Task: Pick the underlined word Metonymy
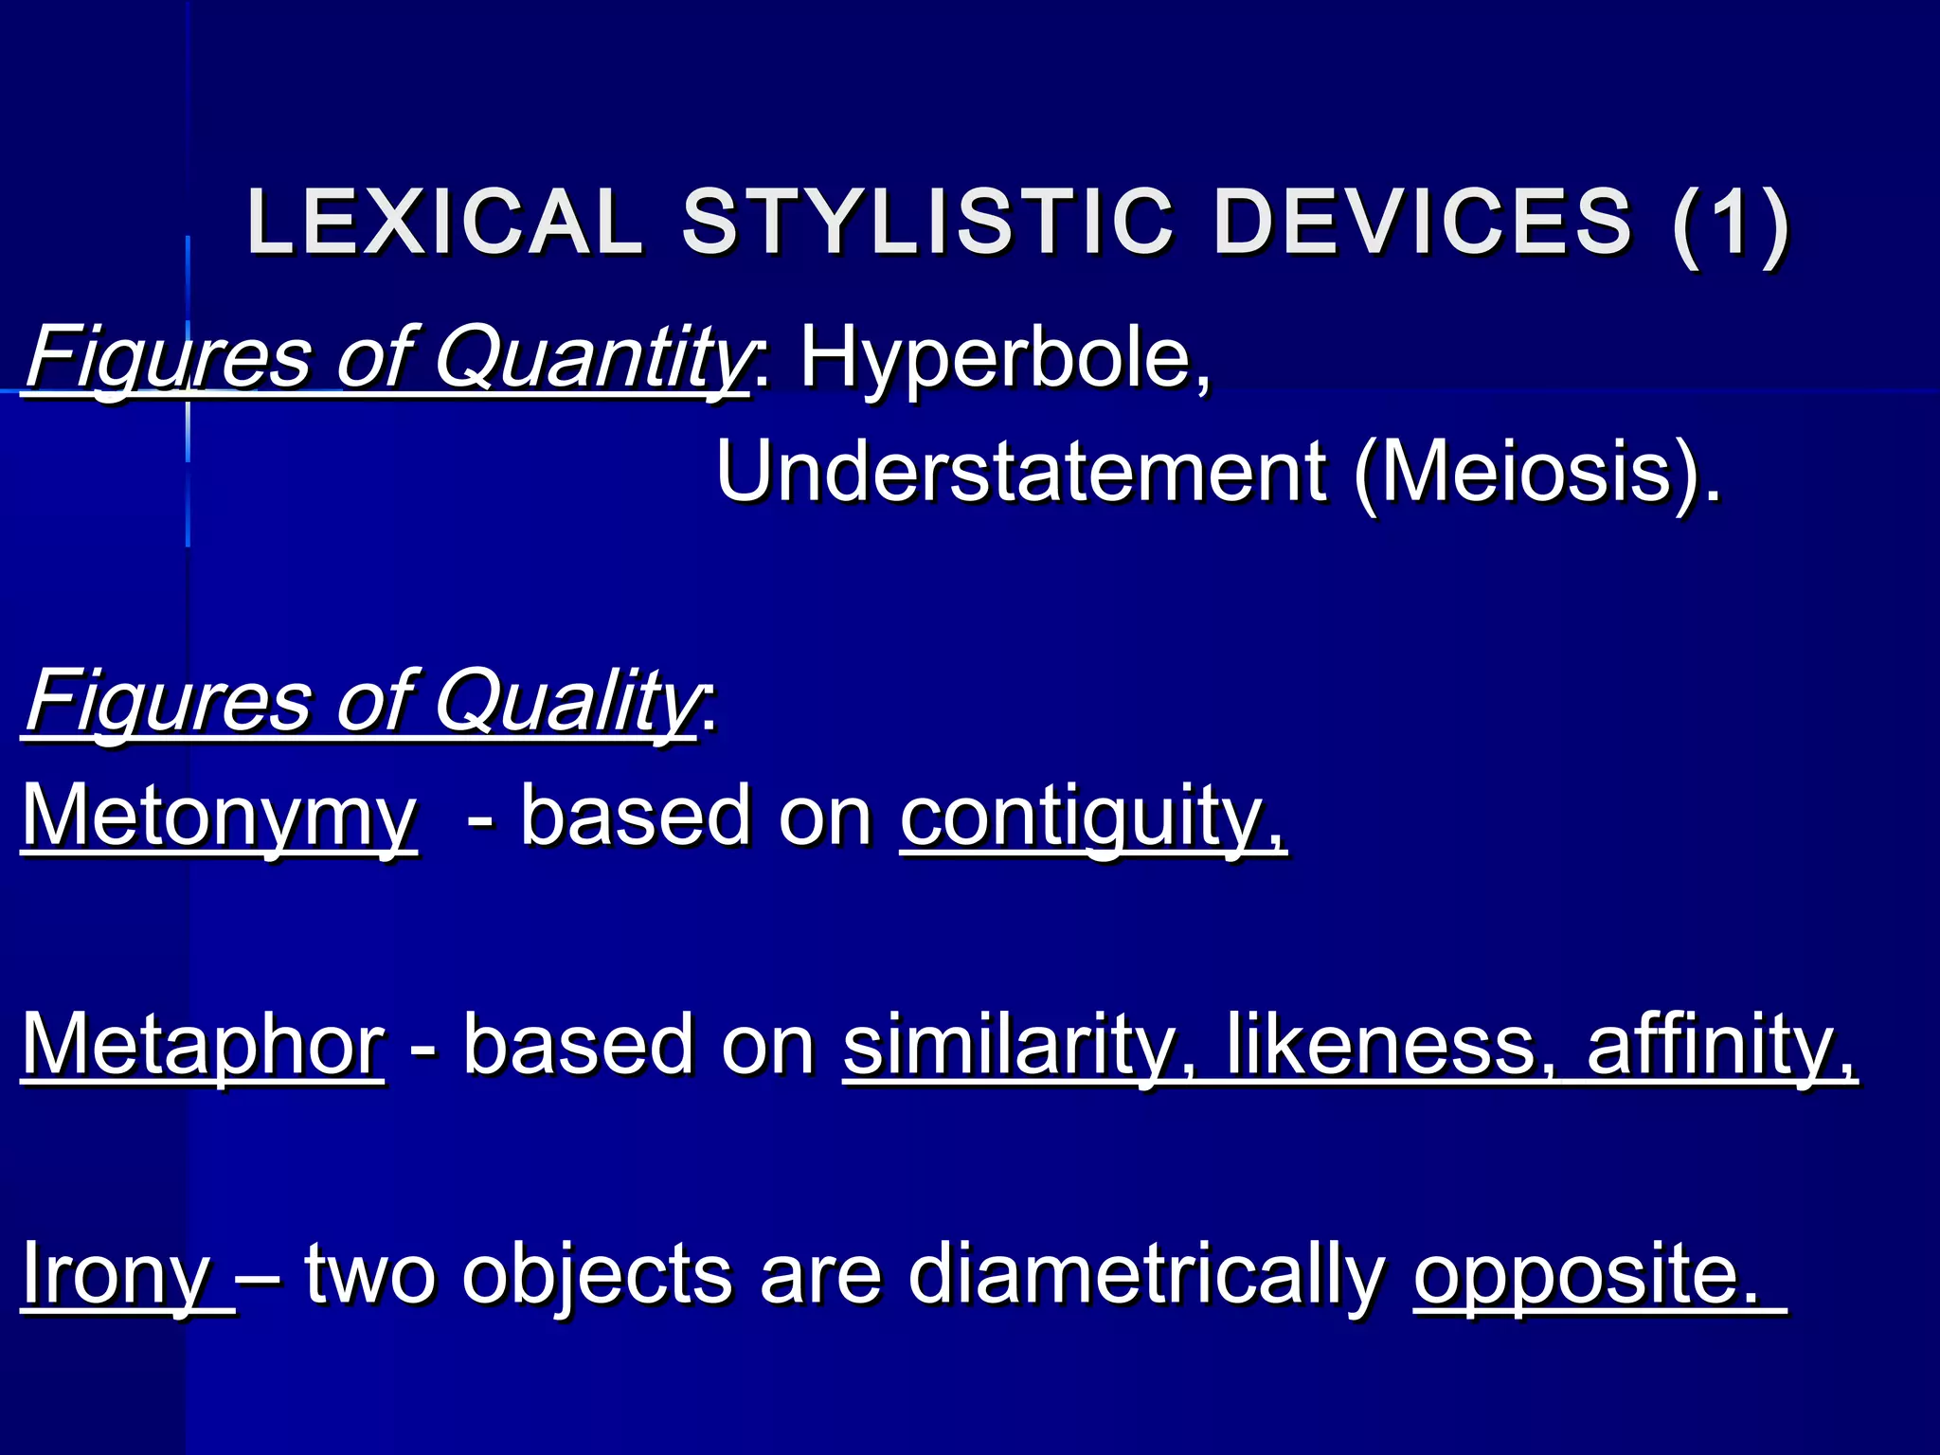pos(219,817)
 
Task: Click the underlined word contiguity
pos(1092,817)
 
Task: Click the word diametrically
pos(1146,1274)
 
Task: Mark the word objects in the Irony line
pos(597,1274)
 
